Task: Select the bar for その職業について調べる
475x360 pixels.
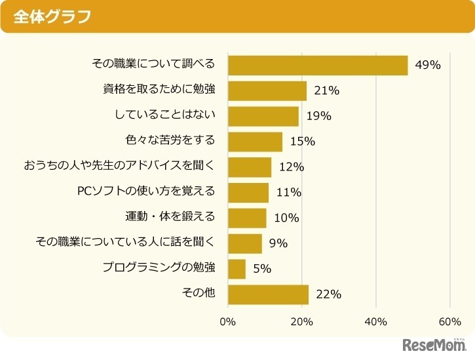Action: [x=318, y=66]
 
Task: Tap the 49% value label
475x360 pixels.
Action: [x=428, y=66]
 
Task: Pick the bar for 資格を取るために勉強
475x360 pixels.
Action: [x=267, y=90]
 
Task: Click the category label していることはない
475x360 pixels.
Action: [x=165, y=115]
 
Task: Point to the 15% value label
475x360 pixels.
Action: [x=303, y=141]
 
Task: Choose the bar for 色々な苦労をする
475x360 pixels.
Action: [x=255, y=141]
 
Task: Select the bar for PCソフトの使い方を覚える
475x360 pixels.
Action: [x=248, y=192]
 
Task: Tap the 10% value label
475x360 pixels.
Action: [x=286, y=218]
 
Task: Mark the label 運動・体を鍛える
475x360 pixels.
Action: [x=170, y=217]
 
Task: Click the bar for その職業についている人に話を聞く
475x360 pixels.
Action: [x=245, y=243]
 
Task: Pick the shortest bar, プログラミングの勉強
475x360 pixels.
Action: [x=237, y=269]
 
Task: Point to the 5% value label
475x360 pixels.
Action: [x=262, y=269]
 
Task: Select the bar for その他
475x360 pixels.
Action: [x=268, y=294]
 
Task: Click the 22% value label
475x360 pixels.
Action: [x=328, y=294]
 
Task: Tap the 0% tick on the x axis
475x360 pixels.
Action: [x=227, y=322]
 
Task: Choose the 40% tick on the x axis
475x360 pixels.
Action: [x=375, y=322]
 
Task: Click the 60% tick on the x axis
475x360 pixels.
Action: [x=450, y=322]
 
